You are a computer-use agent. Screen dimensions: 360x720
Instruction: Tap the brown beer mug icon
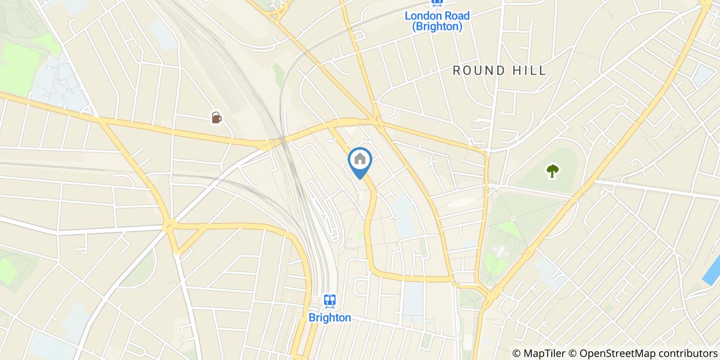click(217, 118)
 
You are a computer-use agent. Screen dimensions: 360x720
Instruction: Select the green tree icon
click(553, 171)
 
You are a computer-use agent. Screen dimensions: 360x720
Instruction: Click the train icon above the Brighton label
click(330, 301)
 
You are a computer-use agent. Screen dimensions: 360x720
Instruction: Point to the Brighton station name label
click(330, 318)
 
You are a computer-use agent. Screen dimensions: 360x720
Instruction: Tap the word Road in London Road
click(456, 16)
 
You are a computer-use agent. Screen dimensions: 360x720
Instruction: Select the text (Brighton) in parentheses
click(437, 27)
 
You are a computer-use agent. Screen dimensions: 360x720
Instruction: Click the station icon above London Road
click(437, 3)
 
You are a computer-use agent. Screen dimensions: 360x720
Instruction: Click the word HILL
click(530, 71)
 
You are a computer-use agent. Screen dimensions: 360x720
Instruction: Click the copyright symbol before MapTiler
click(517, 353)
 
